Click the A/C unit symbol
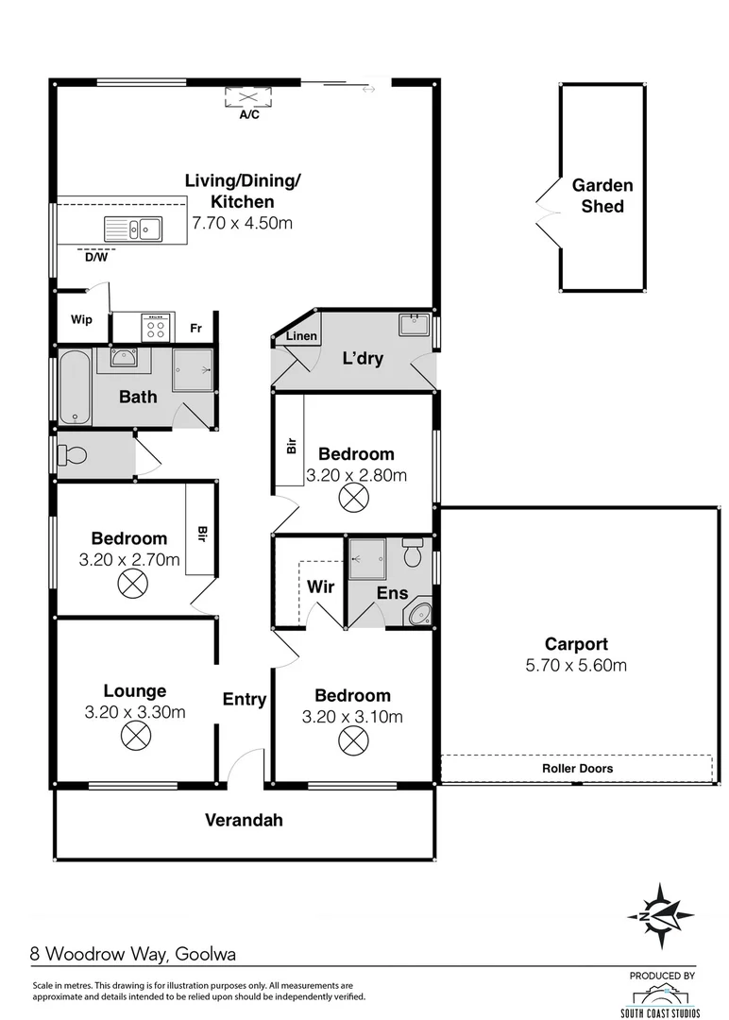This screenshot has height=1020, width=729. pyautogui.click(x=249, y=98)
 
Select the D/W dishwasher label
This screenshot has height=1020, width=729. pyautogui.click(x=96, y=256)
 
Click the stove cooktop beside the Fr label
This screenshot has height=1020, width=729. pyautogui.click(x=157, y=327)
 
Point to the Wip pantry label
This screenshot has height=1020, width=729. pyautogui.click(x=81, y=319)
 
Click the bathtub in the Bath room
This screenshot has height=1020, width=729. pyautogui.click(x=75, y=388)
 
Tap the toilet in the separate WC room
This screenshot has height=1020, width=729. pyautogui.click(x=72, y=456)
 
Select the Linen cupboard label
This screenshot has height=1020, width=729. pyautogui.click(x=302, y=336)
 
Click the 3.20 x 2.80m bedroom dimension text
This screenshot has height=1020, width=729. pyautogui.click(x=357, y=475)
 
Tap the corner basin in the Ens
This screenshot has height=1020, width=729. pyautogui.click(x=421, y=615)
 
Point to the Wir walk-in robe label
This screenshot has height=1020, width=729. pyautogui.click(x=321, y=586)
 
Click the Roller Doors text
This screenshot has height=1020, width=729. pyautogui.click(x=577, y=768)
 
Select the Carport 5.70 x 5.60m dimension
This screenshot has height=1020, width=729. pyautogui.click(x=576, y=665)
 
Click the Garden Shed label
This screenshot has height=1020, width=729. pyautogui.click(x=602, y=195)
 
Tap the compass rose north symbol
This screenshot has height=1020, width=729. pyautogui.click(x=661, y=914)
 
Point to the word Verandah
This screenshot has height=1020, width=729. pyautogui.click(x=245, y=820)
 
